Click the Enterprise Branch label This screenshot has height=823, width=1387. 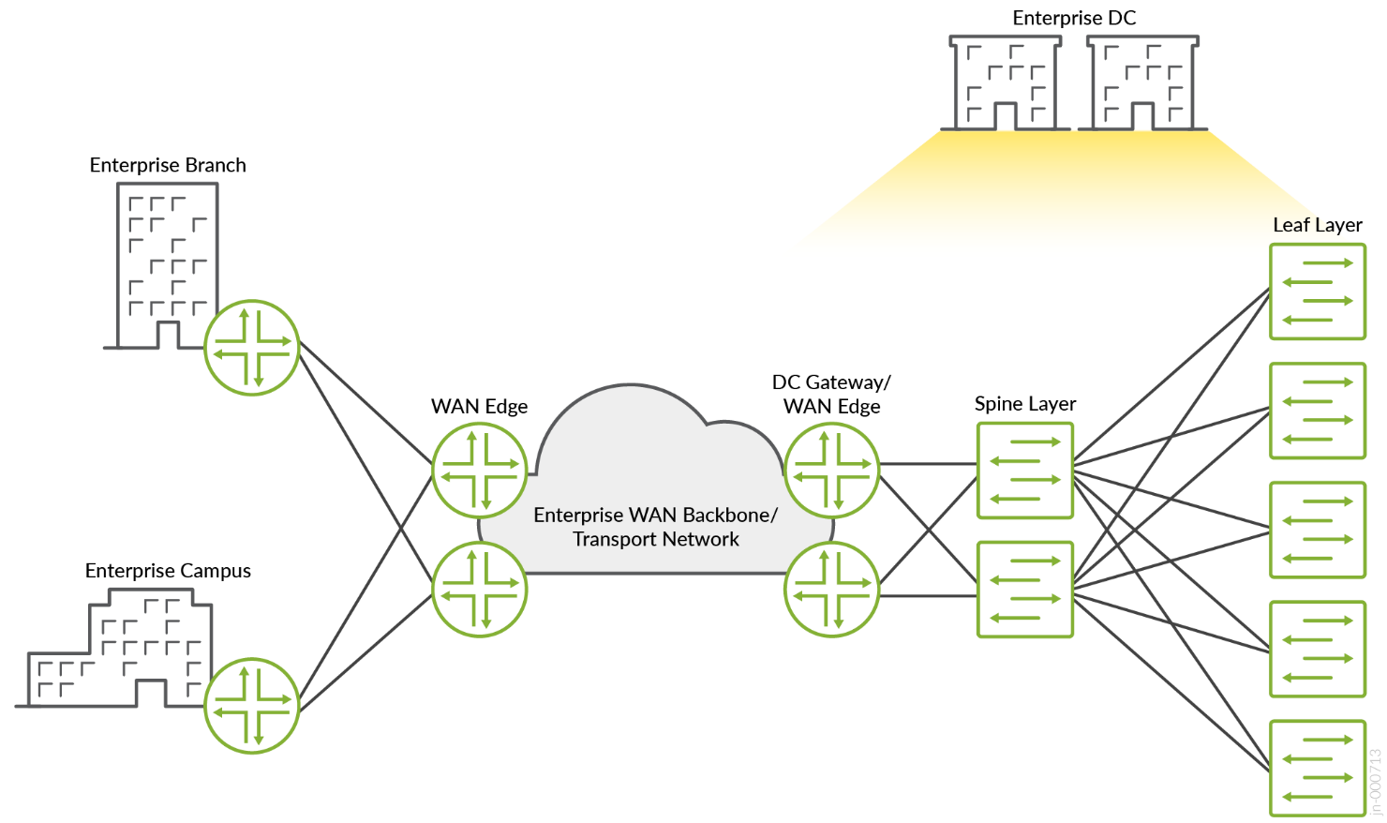[x=168, y=165]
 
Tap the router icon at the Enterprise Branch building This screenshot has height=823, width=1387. [x=251, y=348]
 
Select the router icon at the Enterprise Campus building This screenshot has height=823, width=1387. [x=251, y=706]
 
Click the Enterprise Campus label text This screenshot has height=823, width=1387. [x=168, y=571]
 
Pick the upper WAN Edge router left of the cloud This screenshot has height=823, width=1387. [x=480, y=471]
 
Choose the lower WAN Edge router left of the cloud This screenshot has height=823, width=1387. [x=480, y=590]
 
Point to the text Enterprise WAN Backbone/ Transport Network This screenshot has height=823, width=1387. [x=655, y=527]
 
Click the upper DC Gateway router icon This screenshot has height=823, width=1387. [x=831, y=471]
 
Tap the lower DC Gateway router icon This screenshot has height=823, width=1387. [x=831, y=590]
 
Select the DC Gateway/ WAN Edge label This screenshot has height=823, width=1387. [x=831, y=395]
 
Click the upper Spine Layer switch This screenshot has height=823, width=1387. [x=1024, y=471]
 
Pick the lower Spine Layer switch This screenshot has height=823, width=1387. [x=1024, y=590]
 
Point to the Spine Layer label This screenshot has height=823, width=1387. [x=1024, y=404]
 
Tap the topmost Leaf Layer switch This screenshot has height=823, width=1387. [x=1317, y=292]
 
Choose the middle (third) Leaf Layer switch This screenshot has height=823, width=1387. [x=1317, y=530]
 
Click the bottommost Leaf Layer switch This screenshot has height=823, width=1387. [x=1317, y=768]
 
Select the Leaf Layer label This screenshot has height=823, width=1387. [x=1317, y=225]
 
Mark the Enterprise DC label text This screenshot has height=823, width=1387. [x=1074, y=18]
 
